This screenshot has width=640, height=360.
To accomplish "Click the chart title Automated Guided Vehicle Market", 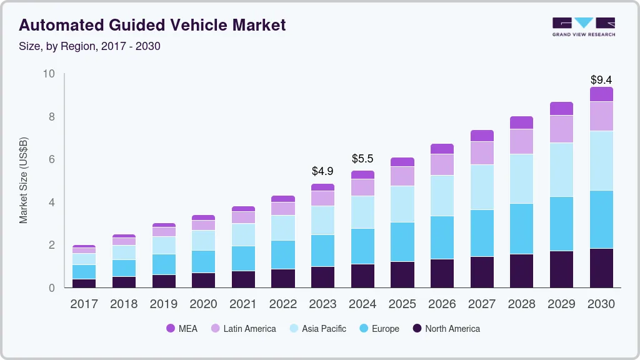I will point(152,25).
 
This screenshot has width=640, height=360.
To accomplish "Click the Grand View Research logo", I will point(583,27).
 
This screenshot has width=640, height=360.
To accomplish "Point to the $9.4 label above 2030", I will point(601,80).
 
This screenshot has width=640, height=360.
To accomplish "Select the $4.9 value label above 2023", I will point(322,171).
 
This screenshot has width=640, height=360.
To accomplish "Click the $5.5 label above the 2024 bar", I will point(362,159).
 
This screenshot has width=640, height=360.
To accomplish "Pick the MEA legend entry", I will point(182,329).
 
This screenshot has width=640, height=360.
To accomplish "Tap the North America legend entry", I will point(446,329).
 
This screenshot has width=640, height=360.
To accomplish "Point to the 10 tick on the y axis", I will point(49,74).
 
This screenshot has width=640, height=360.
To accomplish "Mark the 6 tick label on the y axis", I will point(52,160).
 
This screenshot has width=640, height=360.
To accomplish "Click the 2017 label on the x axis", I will point(84,304).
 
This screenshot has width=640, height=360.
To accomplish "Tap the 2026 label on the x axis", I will point(442,304).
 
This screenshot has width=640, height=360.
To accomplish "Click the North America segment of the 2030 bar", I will point(601,268).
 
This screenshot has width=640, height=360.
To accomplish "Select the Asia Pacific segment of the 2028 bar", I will point(521,179).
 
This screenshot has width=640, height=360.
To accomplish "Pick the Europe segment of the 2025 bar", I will point(402,242).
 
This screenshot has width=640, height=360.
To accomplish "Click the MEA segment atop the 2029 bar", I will point(561,109).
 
